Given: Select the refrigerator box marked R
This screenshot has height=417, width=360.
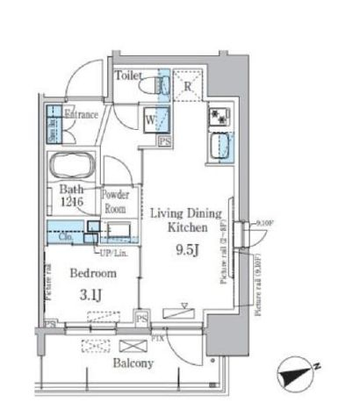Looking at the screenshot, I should [188, 87].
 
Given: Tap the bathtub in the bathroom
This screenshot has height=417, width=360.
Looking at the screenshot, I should [72, 164].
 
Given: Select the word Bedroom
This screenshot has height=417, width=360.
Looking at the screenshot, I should [85, 273].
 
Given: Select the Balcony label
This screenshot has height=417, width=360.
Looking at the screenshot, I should [133, 363].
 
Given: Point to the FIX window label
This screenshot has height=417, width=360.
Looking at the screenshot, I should [160, 334].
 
